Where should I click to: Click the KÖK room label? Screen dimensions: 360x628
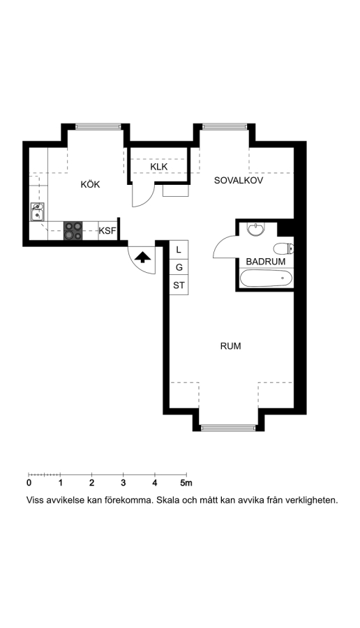click(x=90, y=185)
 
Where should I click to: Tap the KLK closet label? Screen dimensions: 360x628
click(x=159, y=167)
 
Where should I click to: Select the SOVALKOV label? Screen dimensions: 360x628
click(x=239, y=180)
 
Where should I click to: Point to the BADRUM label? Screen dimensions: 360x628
click(x=266, y=262)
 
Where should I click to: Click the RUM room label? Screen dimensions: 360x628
click(x=231, y=346)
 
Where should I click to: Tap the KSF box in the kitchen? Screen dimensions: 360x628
click(x=107, y=231)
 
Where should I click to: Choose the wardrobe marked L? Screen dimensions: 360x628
click(x=179, y=250)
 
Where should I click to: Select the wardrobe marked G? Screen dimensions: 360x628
click(x=179, y=267)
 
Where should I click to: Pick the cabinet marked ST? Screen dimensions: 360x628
click(x=179, y=285)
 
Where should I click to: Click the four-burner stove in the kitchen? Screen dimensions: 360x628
click(x=73, y=231)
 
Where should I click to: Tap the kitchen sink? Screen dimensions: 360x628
click(x=38, y=212)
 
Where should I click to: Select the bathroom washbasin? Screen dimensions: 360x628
click(x=255, y=229)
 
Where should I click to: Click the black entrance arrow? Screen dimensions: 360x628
click(x=142, y=257)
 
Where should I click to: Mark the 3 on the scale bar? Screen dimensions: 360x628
click(x=123, y=483)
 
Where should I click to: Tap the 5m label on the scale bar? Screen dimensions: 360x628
click(x=186, y=483)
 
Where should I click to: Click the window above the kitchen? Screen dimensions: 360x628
click(x=98, y=126)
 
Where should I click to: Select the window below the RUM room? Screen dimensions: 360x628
click(x=228, y=428)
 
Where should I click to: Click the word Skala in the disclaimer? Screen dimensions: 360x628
click(x=169, y=500)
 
